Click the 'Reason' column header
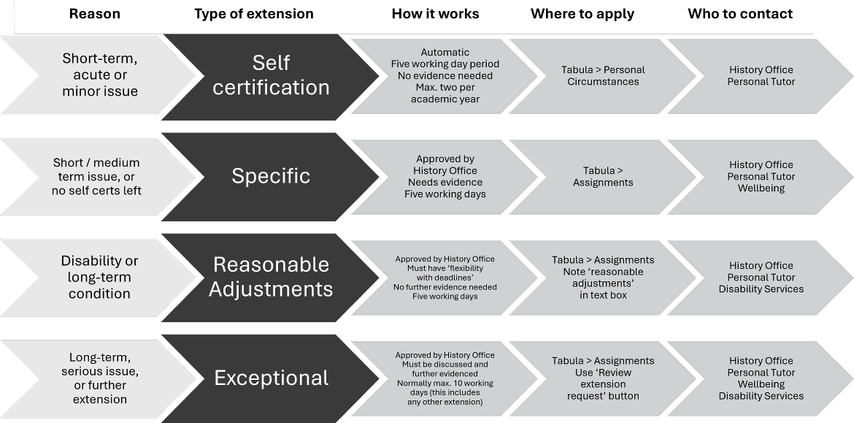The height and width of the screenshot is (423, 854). pyautogui.click(x=94, y=14)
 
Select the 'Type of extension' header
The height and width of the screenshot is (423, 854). pyautogui.click(x=253, y=14)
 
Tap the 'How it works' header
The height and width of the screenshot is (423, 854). pyautogui.click(x=435, y=14)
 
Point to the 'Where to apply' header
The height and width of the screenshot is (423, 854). pyautogui.click(x=582, y=14)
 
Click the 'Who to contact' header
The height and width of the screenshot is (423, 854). pyautogui.click(x=739, y=14)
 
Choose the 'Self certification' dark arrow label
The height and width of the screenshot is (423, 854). pyautogui.click(x=271, y=75)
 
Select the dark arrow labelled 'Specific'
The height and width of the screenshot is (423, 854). pyautogui.click(x=271, y=176)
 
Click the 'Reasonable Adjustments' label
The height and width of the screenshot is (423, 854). pyautogui.click(x=271, y=277)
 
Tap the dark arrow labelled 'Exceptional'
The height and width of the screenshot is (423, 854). pyautogui.click(x=271, y=378)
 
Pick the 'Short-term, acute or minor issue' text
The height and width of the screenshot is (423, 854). pyautogui.click(x=100, y=75)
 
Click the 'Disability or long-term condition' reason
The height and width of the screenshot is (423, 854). pyautogui.click(x=99, y=277)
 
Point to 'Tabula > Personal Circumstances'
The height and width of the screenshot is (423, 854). pyautogui.click(x=603, y=75)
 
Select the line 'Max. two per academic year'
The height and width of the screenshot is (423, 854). pyautogui.click(x=445, y=94)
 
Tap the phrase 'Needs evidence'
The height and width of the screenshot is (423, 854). pyautogui.click(x=445, y=182)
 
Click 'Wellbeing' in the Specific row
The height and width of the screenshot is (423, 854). pyautogui.click(x=761, y=188)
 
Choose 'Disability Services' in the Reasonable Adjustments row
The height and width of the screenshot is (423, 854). pyautogui.click(x=761, y=289)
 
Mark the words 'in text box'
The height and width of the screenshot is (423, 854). pyautogui.click(x=603, y=295)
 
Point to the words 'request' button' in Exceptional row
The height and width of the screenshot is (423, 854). pyautogui.click(x=603, y=396)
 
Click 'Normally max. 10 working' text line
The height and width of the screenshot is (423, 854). pyautogui.click(x=445, y=384)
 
